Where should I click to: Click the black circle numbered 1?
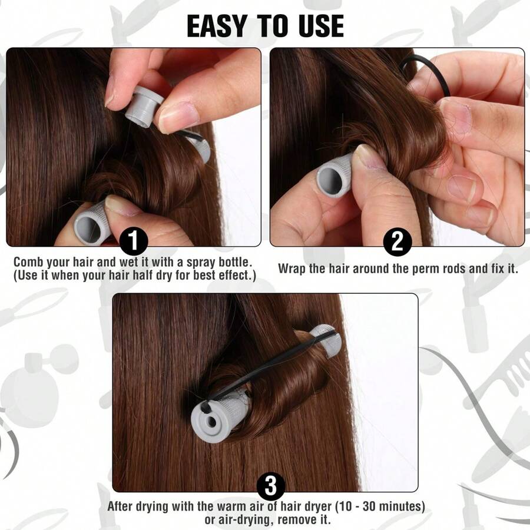tap(134, 242)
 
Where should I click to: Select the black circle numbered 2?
tap(397, 242)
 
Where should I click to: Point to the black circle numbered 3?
tap(271, 487)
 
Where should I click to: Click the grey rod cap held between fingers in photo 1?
tap(141, 106)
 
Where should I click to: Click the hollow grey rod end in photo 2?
tap(333, 175)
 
